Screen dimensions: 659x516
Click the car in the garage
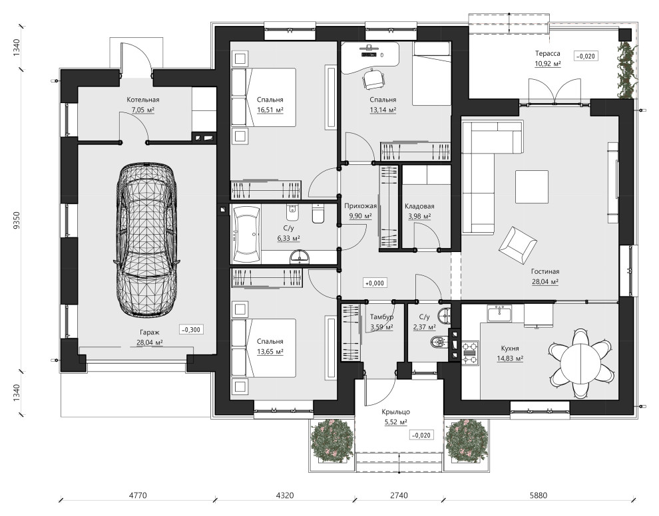tap(146, 239)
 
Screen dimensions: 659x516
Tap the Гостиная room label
tap(545, 272)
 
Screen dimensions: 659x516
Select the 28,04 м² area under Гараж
tap(150, 342)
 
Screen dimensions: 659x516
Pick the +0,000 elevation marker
tap(375, 283)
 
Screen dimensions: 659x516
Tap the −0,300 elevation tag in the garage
tap(191, 330)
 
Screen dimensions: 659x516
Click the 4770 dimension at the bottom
tap(137, 495)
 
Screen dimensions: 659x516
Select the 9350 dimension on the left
tap(17, 220)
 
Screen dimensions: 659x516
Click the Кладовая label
tap(419, 206)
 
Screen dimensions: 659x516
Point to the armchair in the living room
tap(517, 245)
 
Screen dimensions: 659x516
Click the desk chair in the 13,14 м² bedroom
tap(373, 78)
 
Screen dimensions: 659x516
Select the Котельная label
tap(143, 100)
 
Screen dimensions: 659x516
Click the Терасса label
tap(547, 53)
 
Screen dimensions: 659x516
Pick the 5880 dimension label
tap(539, 495)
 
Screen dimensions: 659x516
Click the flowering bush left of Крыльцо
tap(332, 440)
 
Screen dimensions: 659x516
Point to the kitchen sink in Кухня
tap(499, 313)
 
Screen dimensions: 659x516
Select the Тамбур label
tap(381, 317)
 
